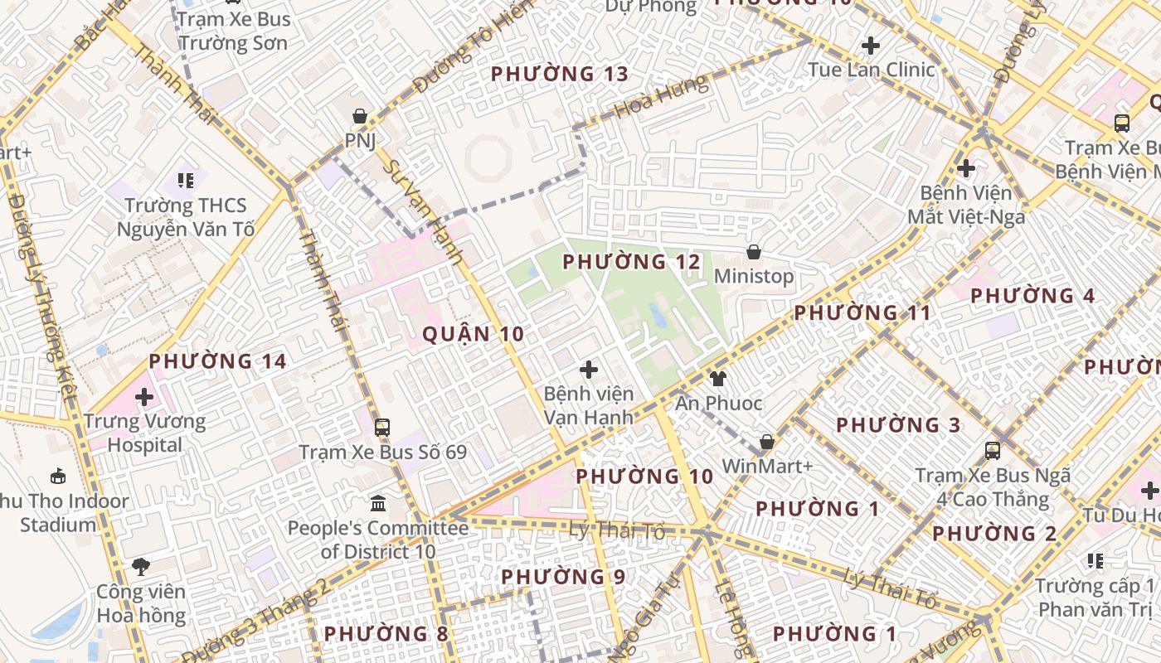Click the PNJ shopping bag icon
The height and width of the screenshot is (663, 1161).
[360, 116]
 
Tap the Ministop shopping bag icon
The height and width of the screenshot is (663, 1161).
[754, 252]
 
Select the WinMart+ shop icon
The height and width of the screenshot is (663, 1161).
[767, 442]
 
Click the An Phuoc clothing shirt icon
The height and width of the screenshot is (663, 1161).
[718, 379]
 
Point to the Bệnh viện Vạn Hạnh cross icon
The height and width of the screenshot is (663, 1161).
[589, 370]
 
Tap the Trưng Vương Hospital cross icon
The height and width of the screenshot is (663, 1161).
[144, 397]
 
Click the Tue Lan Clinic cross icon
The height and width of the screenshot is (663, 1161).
[871, 45]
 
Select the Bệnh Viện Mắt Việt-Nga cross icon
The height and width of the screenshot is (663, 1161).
[965, 168]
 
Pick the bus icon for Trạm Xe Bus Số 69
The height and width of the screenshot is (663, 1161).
[382, 428]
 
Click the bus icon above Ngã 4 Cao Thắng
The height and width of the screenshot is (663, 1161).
[993, 451]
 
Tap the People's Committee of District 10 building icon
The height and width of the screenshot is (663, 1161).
[378, 503]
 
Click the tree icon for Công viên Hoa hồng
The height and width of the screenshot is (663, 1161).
[141, 567]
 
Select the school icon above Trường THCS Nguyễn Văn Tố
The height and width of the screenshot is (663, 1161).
[186, 180]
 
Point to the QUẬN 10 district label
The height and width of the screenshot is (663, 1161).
[474, 334]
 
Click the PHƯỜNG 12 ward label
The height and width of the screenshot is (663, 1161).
[632, 263]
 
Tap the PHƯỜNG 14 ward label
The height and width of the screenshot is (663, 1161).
[218, 361]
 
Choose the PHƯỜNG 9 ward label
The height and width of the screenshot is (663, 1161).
[563, 576]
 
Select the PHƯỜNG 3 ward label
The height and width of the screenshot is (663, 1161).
[898, 425]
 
